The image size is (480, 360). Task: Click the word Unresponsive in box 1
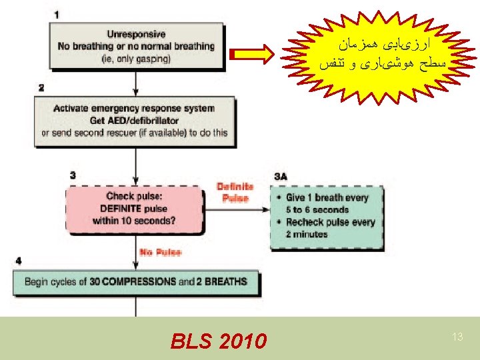[x=136, y=34]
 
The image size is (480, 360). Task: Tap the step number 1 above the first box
[x=56, y=14]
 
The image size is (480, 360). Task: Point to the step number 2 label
[x=41, y=87]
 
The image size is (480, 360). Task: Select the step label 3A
[x=281, y=176]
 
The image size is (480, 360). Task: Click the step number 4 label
[x=18, y=260]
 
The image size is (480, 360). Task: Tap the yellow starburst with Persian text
[x=382, y=57]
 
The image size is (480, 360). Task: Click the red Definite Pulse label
[x=234, y=192]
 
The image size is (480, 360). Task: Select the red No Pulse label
[x=159, y=252]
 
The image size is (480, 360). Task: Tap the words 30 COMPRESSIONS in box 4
[x=132, y=282]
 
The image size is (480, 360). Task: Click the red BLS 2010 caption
[x=217, y=342]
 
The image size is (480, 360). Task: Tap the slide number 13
[x=457, y=337]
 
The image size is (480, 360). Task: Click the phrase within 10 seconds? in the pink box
[x=135, y=221]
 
